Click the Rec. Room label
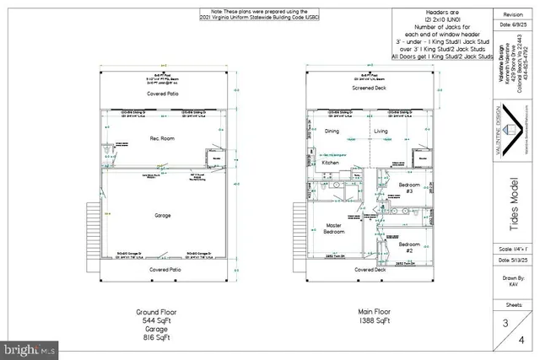coord(162,137)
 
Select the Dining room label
coord(332,132)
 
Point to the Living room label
coord(381,132)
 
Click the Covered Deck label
coord(370,270)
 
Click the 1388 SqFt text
coord(370,320)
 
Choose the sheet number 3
coord(504,322)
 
